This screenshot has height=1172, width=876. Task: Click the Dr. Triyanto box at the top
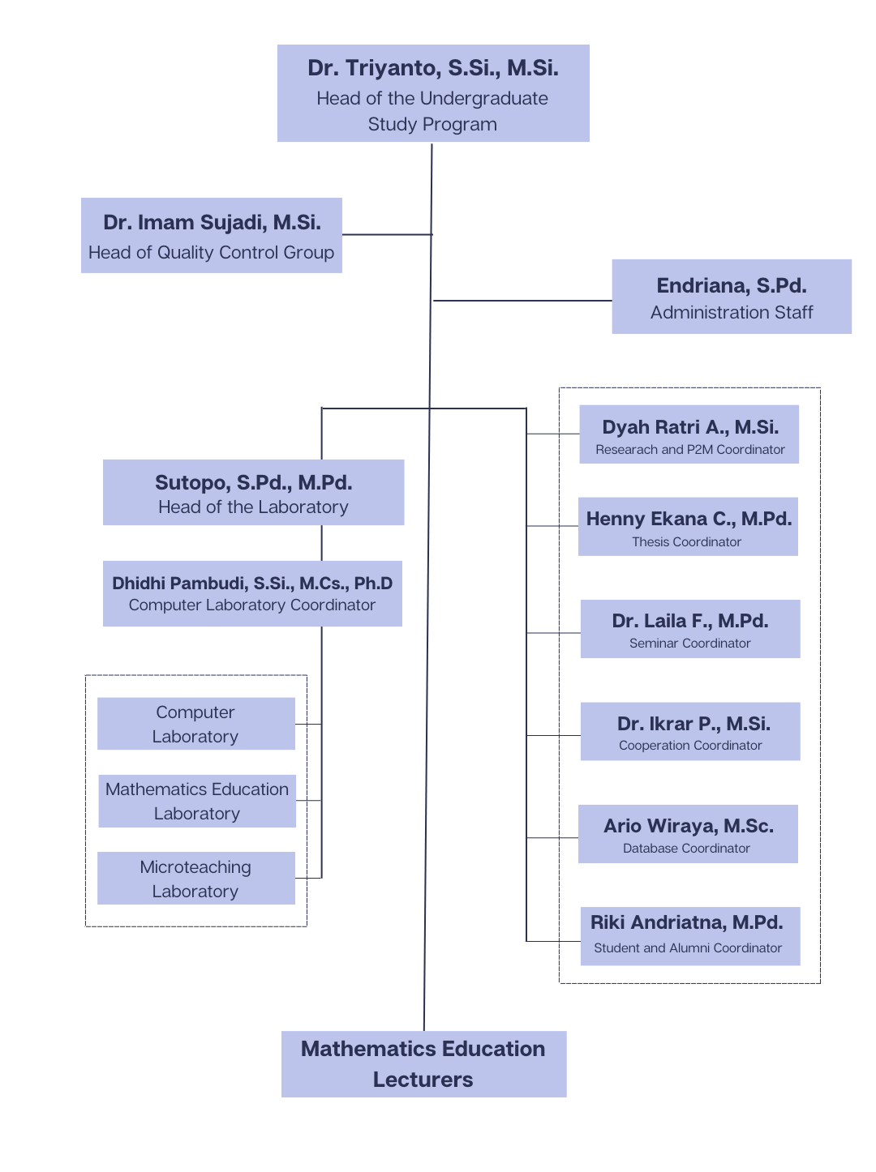pyautogui.click(x=433, y=93)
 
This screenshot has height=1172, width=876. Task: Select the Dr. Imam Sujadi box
pyautogui.click(x=211, y=235)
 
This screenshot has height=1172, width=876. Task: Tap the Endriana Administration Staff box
pyautogui.click(x=731, y=297)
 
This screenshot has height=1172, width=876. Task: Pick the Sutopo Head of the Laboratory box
pyautogui.click(x=253, y=493)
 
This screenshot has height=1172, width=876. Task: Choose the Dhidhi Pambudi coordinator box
pyautogui.click(x=252, y=593)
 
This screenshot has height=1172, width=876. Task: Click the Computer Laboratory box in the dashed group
pyautogui.click(x=195, y=724)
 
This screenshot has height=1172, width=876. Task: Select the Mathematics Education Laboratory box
pyautogui.click(x=197, y=801)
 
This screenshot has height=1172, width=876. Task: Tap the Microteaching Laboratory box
pyautogui.click(x=195, y=878)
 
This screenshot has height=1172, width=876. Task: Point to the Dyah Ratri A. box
pyautogui.click(x=689, y=434)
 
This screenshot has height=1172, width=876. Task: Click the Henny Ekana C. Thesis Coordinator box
pyautogui.click(x=688, y=527)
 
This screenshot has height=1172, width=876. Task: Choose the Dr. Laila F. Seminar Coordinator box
pyautogui.click(x=690, y=629)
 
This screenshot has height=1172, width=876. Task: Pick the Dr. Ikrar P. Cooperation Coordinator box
pyautogui.click(x=690, y=731)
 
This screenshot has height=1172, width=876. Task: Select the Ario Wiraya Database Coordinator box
pyautogui.click(x=688, y=834)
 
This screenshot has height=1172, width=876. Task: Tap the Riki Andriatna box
pyautogui.click(x=690, y=936)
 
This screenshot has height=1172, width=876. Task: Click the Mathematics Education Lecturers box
pyautogui.click(x=423, y=1064)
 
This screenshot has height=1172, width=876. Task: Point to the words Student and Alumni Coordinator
pyautogui.click(x=688, y=948)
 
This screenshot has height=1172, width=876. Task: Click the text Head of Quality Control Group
pyautogui.click(x=211, y=253)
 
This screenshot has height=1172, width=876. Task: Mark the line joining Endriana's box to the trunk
pyautogui.click(x=522, y=301)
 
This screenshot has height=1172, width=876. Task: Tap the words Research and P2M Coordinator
pyautogui.click(x=690, y=450)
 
